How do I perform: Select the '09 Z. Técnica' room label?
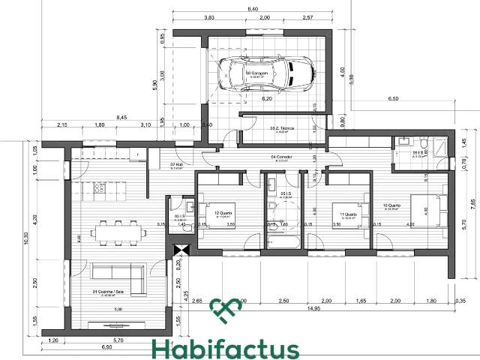pyautogui.click(x=282, y=129)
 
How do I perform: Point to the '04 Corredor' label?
pyautogui.click(x=282, y=157)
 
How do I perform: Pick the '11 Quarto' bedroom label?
pyautogui.click(x=343, y=214)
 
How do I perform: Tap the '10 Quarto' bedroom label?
pyautogui.click(x=393, y=205)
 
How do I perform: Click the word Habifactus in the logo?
pyautogui.click(x=225, y=349)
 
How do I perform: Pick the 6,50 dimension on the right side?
pyautogui.click(x=393, y=99)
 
